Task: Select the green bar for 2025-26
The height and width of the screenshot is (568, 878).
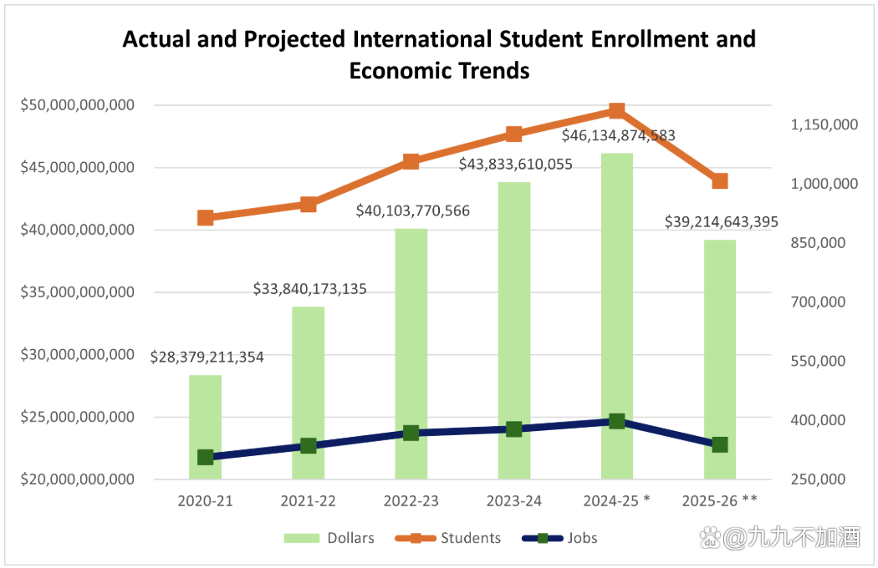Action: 719,351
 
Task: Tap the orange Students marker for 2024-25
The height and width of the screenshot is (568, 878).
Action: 616,111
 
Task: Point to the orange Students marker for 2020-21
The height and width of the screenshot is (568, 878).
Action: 205,218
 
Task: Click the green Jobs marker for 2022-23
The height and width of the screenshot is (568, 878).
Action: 411,433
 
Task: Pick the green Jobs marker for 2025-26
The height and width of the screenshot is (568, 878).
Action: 719,444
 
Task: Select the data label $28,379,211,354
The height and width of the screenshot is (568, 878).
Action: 207,357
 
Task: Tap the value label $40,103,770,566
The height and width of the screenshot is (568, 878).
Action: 413,210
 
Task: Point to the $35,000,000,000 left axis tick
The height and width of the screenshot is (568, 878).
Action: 77,292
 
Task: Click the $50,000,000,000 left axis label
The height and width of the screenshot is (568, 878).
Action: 77,105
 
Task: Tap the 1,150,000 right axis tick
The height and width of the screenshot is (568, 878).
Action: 824,124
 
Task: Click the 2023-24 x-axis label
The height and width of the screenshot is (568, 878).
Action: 513,500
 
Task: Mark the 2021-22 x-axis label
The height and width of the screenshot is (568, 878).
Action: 308,500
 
